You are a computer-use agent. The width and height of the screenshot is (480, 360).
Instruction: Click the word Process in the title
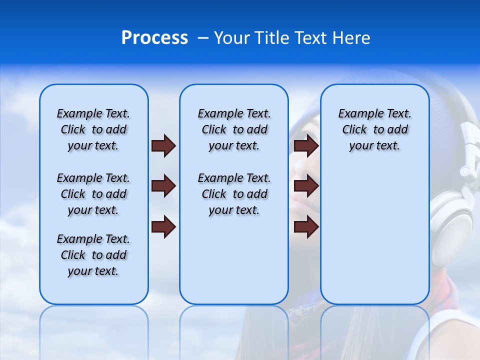154,38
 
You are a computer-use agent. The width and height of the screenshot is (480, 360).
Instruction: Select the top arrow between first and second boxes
163,146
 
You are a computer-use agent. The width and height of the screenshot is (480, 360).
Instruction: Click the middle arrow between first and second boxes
163,186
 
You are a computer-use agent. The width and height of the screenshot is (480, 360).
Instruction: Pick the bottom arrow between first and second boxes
163,227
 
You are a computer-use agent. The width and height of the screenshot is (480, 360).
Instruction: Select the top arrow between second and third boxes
306,146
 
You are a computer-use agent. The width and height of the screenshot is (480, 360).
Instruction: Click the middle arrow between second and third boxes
306,186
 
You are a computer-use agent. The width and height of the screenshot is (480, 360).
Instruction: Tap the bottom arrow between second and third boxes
306,227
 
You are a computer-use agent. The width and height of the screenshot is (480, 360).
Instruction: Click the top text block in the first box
93,129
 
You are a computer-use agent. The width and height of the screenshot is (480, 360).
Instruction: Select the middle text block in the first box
93,194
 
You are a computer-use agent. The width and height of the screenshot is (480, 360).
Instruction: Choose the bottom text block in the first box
93,255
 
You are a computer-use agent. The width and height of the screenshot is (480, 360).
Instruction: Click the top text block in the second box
234,129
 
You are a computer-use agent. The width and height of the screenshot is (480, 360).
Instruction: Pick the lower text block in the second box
234,194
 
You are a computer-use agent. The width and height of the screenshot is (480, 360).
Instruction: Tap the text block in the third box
374,129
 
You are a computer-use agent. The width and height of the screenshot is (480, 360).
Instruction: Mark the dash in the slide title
203,38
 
